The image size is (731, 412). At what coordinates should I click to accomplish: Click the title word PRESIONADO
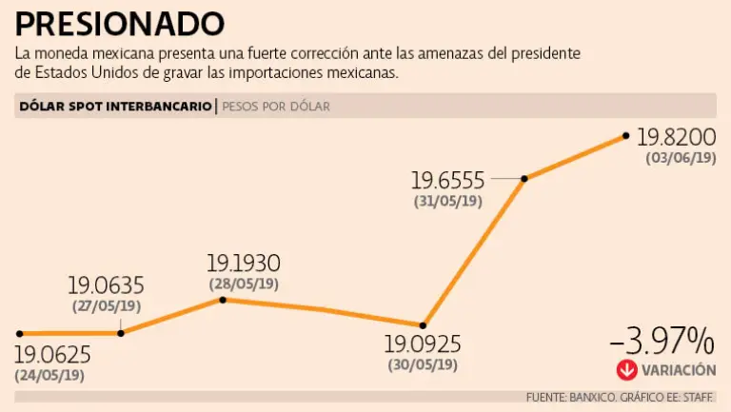click(120, 21)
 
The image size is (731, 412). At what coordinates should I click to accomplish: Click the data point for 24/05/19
click(19, 333)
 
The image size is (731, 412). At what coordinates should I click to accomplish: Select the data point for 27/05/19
click(121, 332)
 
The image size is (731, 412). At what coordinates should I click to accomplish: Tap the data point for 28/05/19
click(223, 300)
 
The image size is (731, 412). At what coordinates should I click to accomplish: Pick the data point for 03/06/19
click(625, 136)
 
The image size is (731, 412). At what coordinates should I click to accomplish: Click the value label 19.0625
click(52, 355)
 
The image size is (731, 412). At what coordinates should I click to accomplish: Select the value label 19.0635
click(106, 285)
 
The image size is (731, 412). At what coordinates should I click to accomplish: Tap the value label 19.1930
click(244, 264)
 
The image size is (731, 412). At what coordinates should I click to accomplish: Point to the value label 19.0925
click(422, 345)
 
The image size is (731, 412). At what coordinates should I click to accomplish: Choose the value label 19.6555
click(447, 180)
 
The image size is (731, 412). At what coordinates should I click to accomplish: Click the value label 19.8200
click(676, 138)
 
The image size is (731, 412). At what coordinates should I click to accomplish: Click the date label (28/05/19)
click(244, 283)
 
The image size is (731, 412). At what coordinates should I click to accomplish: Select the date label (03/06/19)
click(680, 159)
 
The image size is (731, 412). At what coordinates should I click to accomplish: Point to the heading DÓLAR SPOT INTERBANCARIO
click(115, 107)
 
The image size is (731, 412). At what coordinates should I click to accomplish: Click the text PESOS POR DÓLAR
click(276, 107)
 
